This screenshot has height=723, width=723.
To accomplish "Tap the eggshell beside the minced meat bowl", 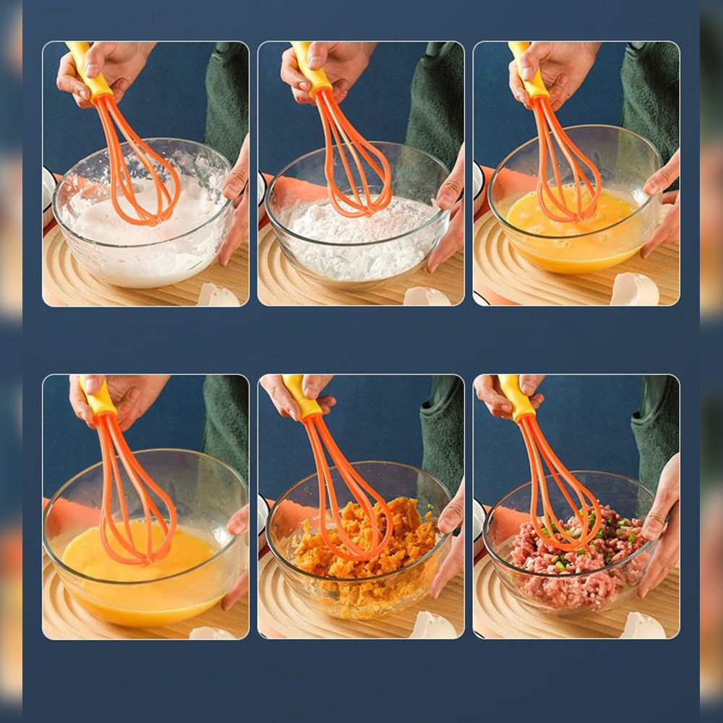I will pos(643,625).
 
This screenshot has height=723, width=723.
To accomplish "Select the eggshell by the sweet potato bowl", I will pos(432,625).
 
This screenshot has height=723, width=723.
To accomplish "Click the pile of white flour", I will pos(361,239).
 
